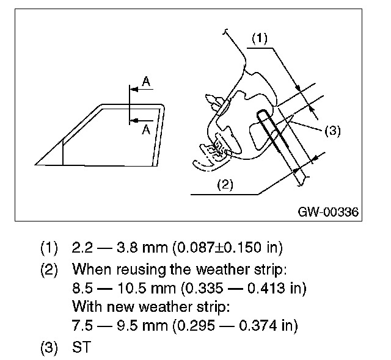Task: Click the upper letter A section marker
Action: point(145,81)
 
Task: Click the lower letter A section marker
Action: point(145,129)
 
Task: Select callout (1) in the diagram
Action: point(260,38)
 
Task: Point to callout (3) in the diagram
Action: point(332,130)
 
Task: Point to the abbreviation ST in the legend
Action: point(81,346)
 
